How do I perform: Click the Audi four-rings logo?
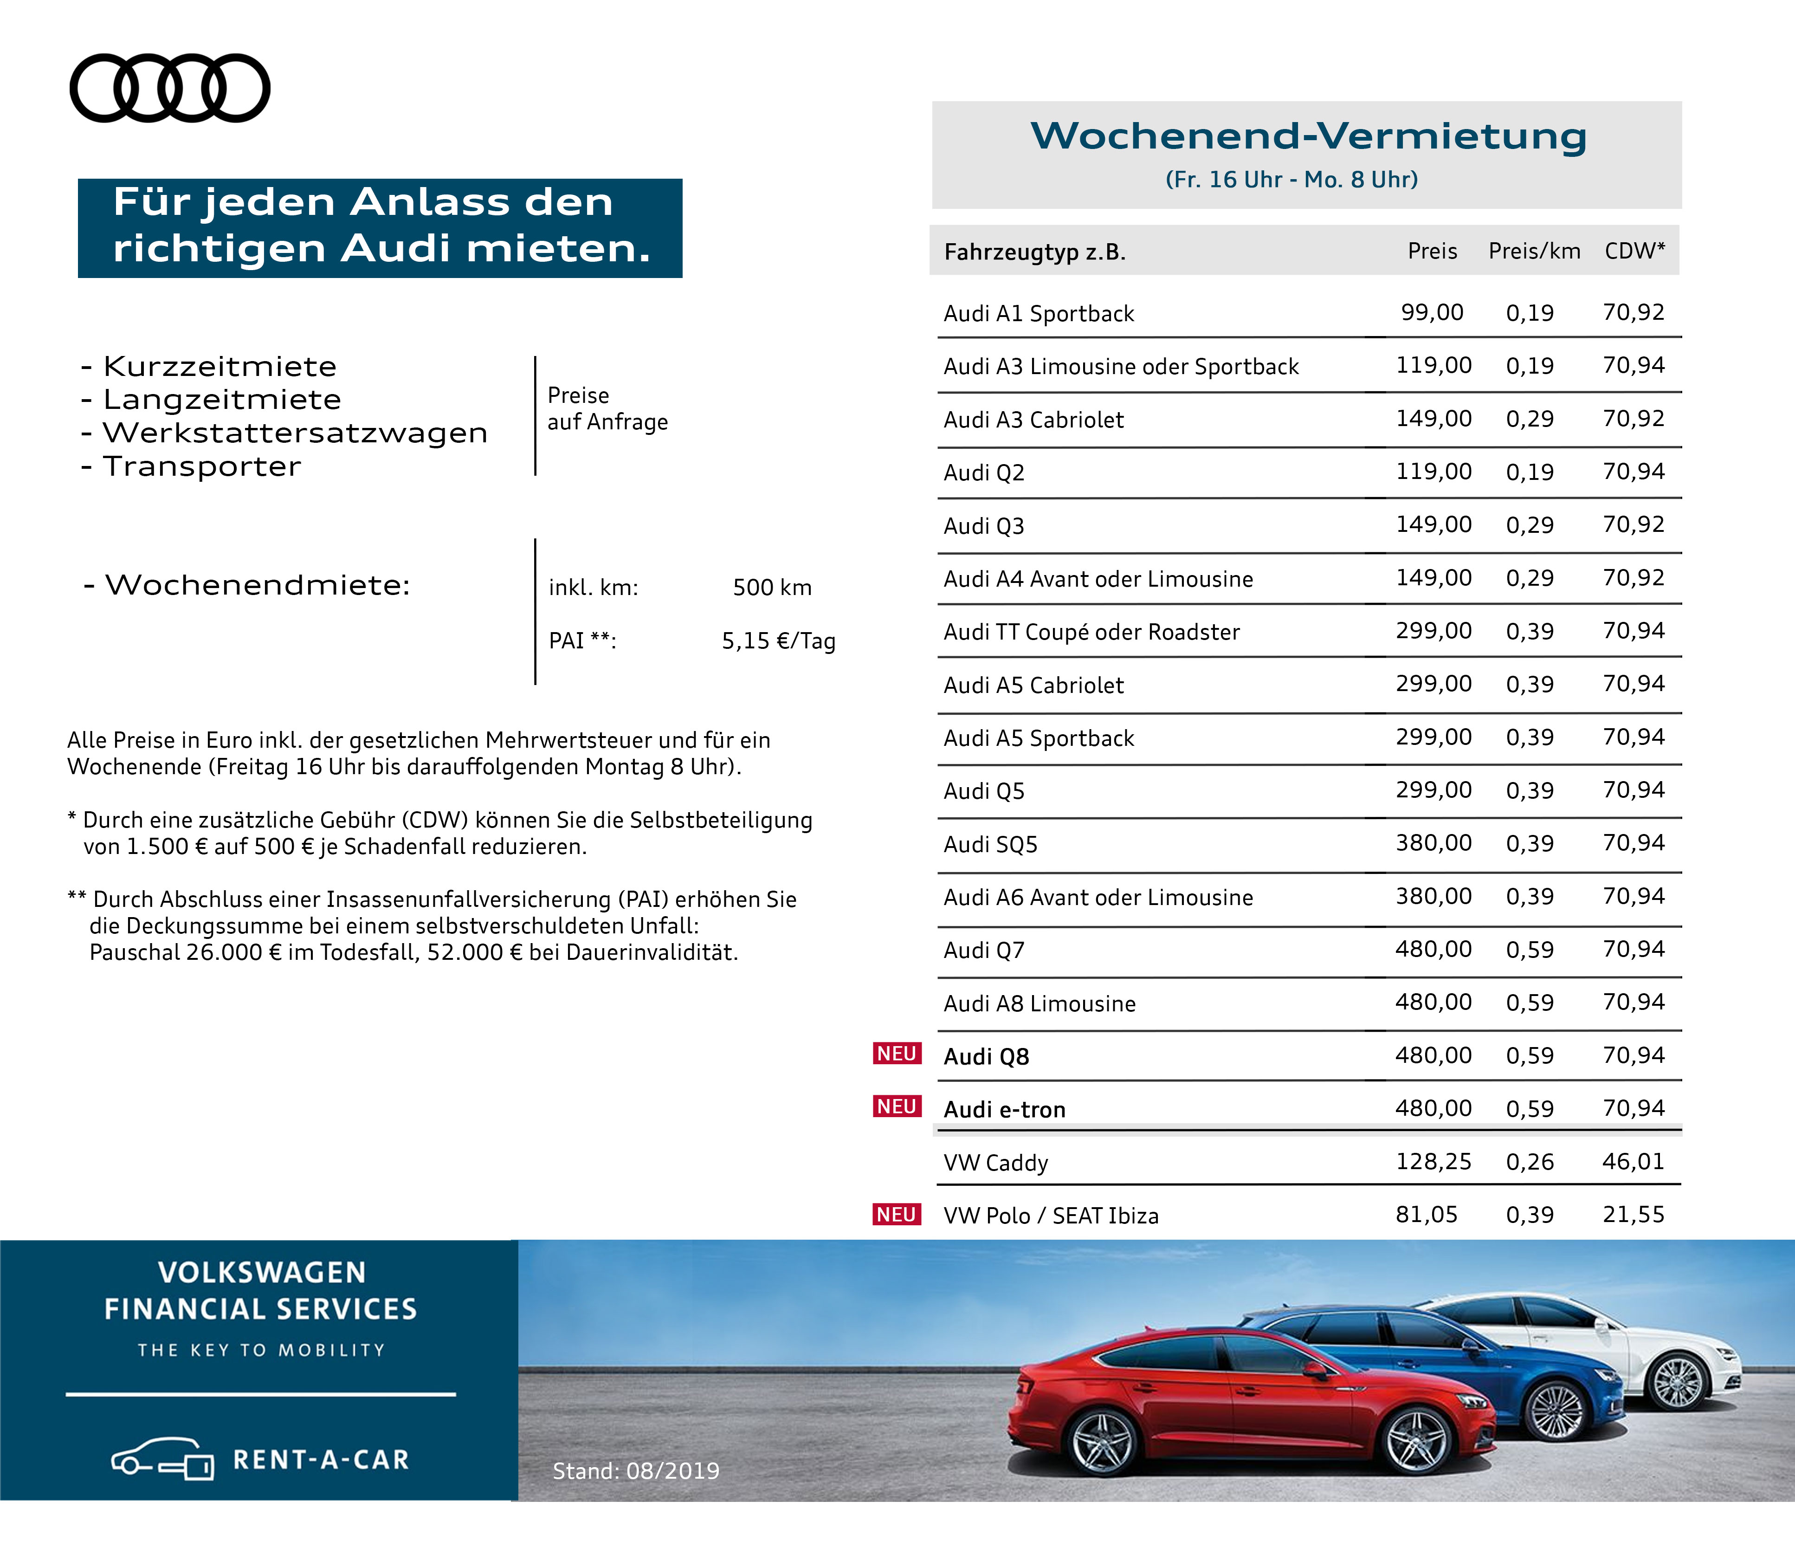[x=170, y=88]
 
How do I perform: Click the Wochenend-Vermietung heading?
[x=1308, y=136]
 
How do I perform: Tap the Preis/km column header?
[x=1534, y=251]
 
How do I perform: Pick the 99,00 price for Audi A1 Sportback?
[x=1432, y=313]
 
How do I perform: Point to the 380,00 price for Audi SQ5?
[x=1433, y=843]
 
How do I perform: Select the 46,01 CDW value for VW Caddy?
[x=1633, y=1162]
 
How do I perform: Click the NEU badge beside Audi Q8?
[x=897, y=1054]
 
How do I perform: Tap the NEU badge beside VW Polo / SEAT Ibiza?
[x=897, y=1215]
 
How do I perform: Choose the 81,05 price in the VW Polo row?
[x=1426, y=1215]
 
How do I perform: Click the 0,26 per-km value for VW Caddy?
[x=1530, y=1162]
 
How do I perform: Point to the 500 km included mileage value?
[x=772, y=588]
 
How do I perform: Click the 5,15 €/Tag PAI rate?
[x=778, y=641]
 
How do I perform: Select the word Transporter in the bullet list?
[x=202, y=466]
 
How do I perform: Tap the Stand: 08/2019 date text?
[x=636, y=1471]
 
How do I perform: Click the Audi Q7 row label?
[x=984, y=951]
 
